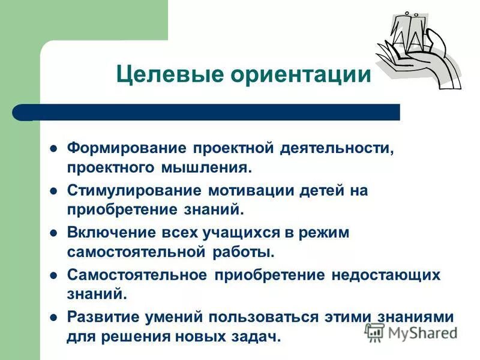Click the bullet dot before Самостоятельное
point(53,275)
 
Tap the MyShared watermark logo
point(411,331)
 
